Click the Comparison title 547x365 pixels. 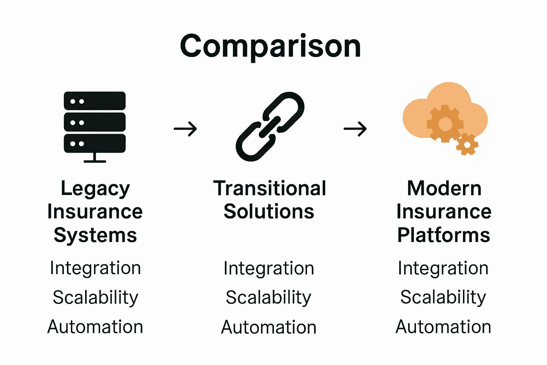click(x=270, y=46)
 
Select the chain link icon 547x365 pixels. click(x=270, y=127)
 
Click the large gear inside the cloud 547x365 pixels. click(x=445, y=124)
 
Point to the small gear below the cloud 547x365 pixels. click(x=467, y=144)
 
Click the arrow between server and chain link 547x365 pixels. click(x=185, y=129)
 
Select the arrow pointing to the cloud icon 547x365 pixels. click(x=355, y=129)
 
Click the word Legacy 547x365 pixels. click(x=95, y=189)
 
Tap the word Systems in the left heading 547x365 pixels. click(x=95, y=236)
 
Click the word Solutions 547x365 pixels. click(x=269, y=212)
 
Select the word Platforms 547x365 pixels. click(x=444, y=235)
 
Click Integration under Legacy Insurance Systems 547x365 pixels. click(x=95, y=268)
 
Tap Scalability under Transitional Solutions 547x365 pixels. click(x=269, y=298)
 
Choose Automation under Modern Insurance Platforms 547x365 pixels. click(x=443, y=327)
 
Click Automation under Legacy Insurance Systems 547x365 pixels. click(x=95, y=327)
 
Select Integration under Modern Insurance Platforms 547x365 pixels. click(x=443, y=268)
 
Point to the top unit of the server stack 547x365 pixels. click(x=95, y=101)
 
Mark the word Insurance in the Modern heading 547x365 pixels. click(x=444, y=212)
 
